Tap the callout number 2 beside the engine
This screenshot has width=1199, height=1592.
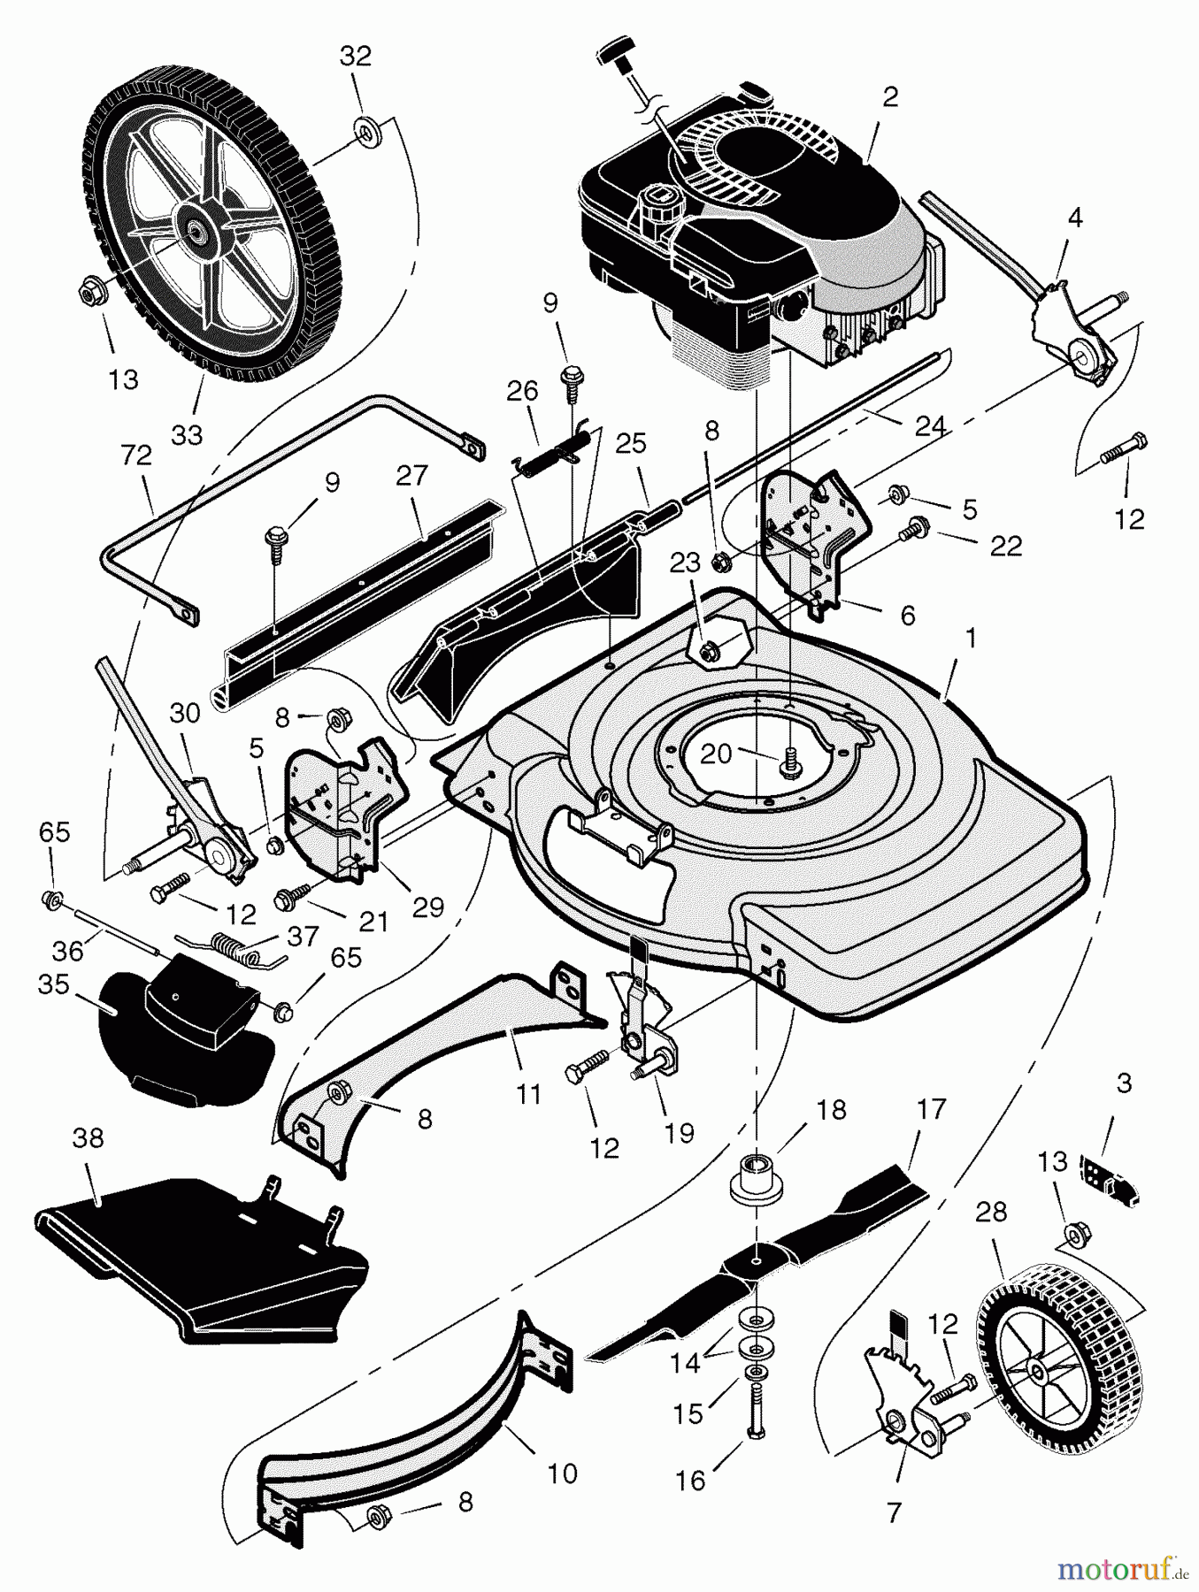click(889, 96)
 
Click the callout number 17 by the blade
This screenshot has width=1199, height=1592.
click(932, 1108)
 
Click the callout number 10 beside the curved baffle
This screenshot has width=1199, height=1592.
click(563, 1473)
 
